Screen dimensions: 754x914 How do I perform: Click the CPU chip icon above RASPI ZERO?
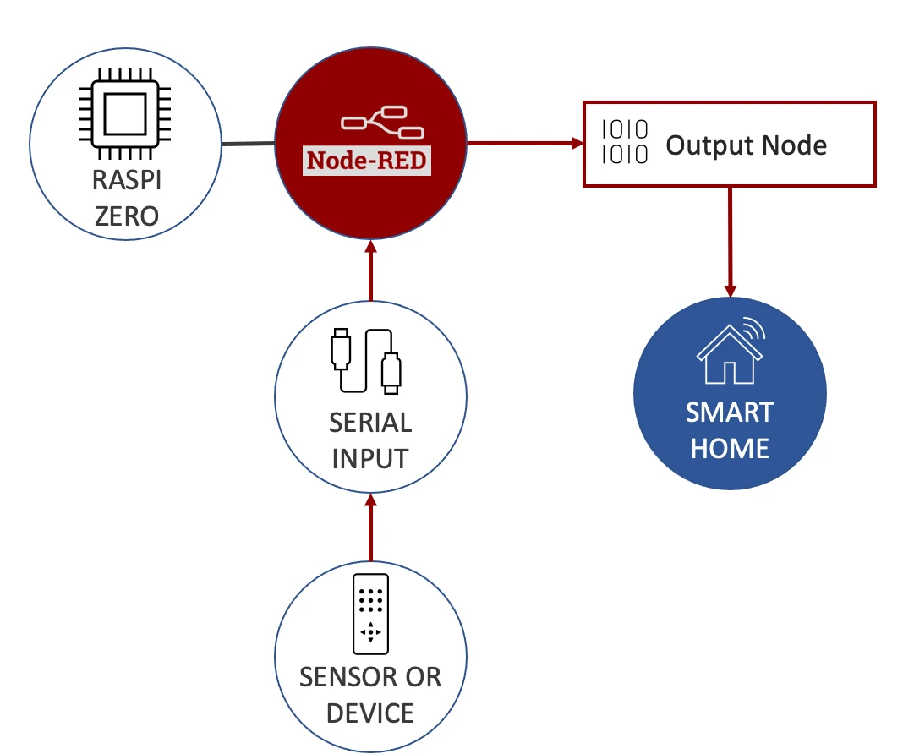click(x=124, y=115)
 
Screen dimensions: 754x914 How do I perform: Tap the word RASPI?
click(x=126, y=180)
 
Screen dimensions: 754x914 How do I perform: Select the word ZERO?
click(x=126, y=216)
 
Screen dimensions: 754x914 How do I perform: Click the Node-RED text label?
click(x=367, y=160)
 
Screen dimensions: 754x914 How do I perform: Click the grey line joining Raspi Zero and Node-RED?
click(x=248, y=144)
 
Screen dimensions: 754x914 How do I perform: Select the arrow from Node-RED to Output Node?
click(x=525, y=144)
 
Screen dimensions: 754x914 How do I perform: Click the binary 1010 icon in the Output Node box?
click(x=625, y=142)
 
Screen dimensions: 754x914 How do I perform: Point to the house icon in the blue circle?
click(x=729, y=348)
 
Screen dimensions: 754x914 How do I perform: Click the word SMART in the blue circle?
click(x=729, y=413)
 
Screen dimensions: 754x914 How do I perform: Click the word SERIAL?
click(x=370, y=423)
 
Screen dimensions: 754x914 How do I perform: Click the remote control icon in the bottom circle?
click(x=370, y=611)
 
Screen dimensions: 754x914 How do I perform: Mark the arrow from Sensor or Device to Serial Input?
click(x=370, y=528)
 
